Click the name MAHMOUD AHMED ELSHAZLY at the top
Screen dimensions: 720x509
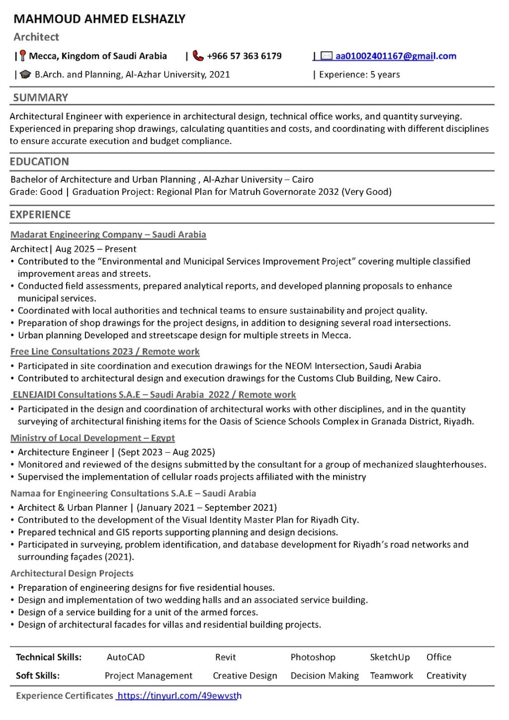[99, 19]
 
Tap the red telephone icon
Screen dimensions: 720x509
[198, 56]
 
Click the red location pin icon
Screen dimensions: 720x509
[23, 56]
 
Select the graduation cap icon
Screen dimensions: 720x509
[25, 75]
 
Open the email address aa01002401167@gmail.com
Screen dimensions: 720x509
[396, 56]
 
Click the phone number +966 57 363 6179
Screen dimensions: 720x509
[244, 56]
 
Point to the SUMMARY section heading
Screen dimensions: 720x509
[40, 97]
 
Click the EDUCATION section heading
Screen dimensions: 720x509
[39, 161]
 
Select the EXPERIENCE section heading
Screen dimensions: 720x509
[40, 215]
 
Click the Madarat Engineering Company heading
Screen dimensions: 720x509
[108, 235]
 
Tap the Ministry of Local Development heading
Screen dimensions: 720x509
[92, 438]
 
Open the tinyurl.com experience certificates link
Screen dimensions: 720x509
[179, 696]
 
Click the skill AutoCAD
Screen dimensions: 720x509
[126, 657]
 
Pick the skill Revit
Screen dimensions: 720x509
[225, 657]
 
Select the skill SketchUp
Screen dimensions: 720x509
[390, 657]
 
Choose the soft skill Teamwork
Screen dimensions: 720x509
[391, 675]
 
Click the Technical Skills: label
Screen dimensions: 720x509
[49, 657]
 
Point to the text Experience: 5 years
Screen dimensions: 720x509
[359, 75]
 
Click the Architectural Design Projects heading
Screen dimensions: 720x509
[72, 573]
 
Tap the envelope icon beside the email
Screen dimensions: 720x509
[326, 56]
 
